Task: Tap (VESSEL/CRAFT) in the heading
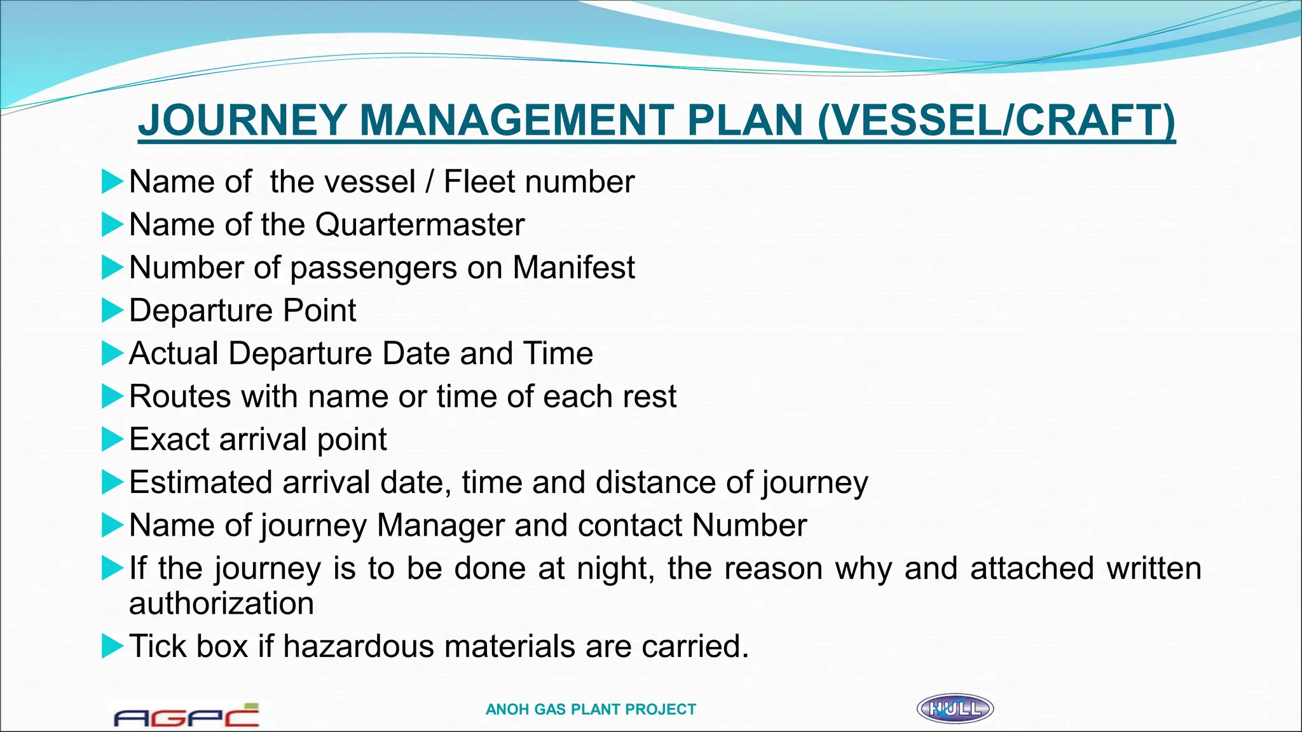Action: [x=996, y=120]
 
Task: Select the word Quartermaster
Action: [x=420, y=224]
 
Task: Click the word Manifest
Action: [x=573, y=267]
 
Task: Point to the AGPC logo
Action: [x=186, y=716]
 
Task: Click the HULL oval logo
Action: [x=955, y=708]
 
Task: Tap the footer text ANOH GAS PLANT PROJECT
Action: [x=591, y=709]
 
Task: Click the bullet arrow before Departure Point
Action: [x=112, y=311]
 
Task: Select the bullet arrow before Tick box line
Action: [x=112, y=646]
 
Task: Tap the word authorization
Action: [x=221, y=603]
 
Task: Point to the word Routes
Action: [x=180, y=396]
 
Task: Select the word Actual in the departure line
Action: [x=174, y=353]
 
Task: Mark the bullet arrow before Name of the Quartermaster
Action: [x=112, y=225]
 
